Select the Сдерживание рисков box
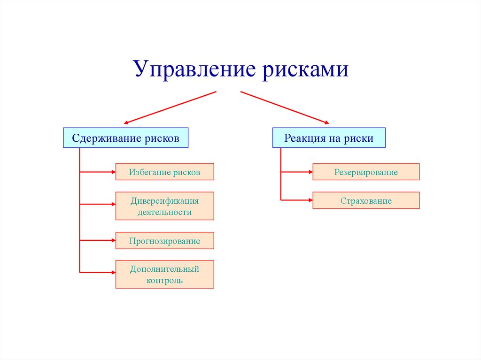click(x=125, y=138)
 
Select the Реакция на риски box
click(x=328, y=138)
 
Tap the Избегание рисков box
click(x=164, y=172)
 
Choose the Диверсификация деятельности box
click(x=164, y=206)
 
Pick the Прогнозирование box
click(x=164, y=241)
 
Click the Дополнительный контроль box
click(x=164, y=275)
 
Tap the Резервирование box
click(x=366, y=172)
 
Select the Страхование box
click(x=366, y=201)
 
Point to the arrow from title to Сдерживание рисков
click(x=169, y=107)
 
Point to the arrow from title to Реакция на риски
click(x=285, y=107)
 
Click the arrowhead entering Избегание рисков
click(x=113, y=172)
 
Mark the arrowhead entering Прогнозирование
click(x=113, y=241)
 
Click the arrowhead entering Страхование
click(x=310, y=200)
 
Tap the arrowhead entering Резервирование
click(x=310, y=172)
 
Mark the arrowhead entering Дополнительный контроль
click(x=113, y=272)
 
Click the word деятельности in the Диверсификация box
click(x=164, y=212)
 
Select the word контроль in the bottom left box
click(x=164, y=281)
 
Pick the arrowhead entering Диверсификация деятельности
click(x=113, y=204)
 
